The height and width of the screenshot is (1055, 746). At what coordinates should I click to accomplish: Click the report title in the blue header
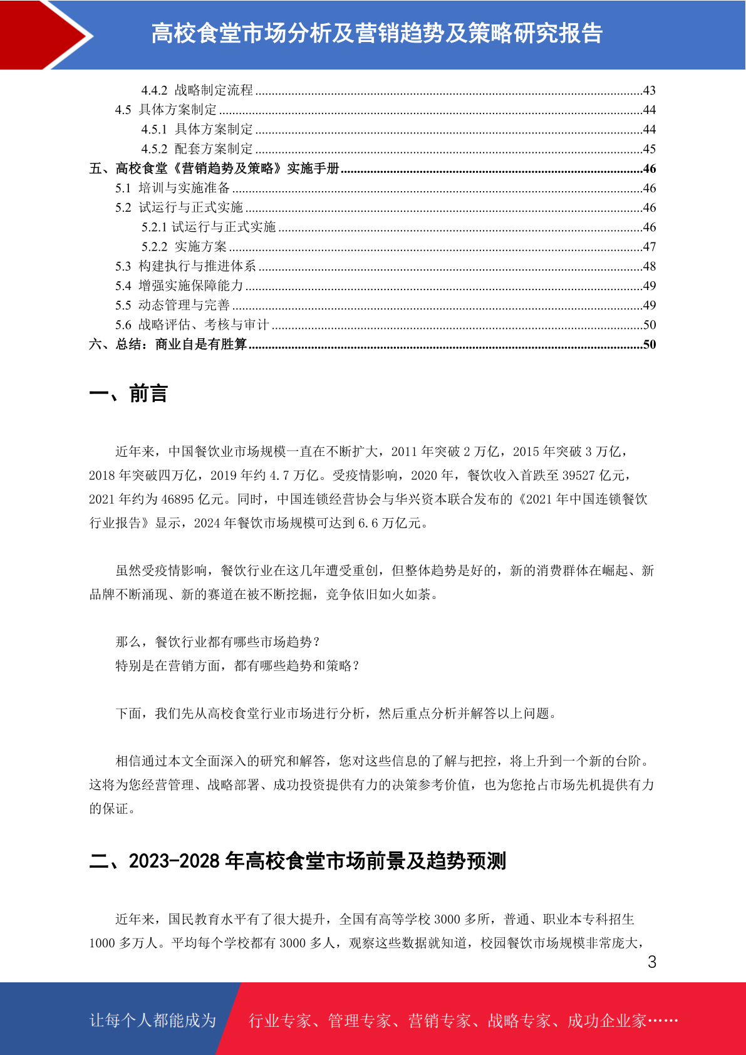point(376,33)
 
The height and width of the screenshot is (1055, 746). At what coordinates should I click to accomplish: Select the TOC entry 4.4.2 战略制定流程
point(197,90)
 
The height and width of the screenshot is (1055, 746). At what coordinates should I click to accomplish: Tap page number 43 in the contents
point(649,90)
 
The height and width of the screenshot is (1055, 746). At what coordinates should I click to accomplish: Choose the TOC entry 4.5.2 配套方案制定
point(197,149)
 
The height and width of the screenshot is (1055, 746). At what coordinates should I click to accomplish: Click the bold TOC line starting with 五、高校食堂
point(214,169)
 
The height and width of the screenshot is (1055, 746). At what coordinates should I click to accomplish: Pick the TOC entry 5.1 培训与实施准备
point(173,188)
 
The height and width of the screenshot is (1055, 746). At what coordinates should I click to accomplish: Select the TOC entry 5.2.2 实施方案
point(184,247)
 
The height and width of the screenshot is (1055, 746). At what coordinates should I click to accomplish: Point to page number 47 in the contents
point(649,247)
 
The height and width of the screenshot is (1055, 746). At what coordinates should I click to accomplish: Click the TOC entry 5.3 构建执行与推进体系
point(185,266)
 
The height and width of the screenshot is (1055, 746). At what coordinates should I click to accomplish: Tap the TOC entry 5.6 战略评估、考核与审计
point(192,325)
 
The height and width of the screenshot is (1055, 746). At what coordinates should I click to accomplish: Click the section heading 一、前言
point(128,394)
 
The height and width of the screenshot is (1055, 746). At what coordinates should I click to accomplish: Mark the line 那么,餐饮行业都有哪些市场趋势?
point(218,642)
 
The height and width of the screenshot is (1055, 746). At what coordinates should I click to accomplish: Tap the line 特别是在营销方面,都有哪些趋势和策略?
point(238,666)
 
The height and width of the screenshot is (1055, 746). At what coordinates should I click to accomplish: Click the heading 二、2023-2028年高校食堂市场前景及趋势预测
point(298,861)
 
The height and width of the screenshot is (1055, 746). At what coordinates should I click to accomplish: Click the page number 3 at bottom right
point(651,962)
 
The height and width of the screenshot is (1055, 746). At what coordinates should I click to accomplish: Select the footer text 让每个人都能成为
point(153,1021)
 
